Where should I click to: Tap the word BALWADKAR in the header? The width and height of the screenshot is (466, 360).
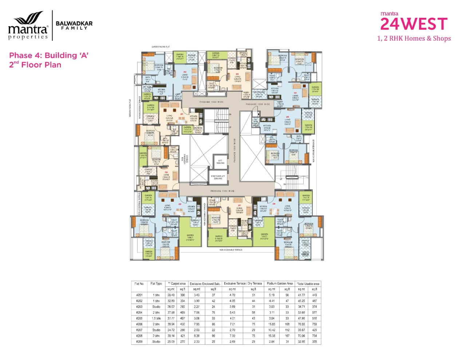pos(74,23)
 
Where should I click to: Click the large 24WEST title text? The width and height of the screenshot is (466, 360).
pos(414,24)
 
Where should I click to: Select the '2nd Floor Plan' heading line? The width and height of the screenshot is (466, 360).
pos(35,65)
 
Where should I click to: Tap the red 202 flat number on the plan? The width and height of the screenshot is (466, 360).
pos(185,72)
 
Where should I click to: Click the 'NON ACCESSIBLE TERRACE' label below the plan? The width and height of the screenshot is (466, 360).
pos(230,250)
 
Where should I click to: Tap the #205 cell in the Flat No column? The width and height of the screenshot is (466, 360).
pos(139,319)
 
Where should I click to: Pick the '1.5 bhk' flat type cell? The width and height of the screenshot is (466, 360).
pos(156,319)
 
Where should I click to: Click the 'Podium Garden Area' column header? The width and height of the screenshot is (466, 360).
pos(280,284)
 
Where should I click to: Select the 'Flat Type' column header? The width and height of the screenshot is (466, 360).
pos(156,284)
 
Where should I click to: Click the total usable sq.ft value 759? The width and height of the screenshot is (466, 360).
pos(314,324)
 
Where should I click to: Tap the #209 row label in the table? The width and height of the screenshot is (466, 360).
pos(139,342)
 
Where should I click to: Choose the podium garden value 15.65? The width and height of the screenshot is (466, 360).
pos(271,324)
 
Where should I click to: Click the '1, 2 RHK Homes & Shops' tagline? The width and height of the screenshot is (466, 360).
pos(414,39)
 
